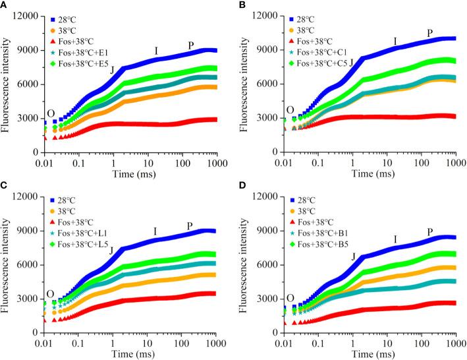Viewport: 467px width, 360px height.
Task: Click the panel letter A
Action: click(x=5, y=5)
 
